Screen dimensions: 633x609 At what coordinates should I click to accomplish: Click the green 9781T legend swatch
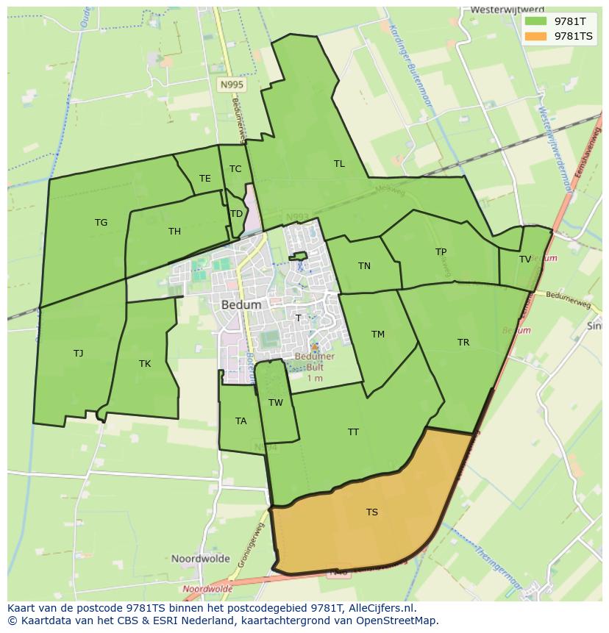[536, 21]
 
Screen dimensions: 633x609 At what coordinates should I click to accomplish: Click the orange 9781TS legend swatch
[536, 36]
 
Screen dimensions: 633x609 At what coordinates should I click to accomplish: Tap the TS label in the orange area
[372, 512]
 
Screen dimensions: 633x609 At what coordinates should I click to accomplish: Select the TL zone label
[339, 164]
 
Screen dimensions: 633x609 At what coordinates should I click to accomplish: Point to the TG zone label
[101, 223]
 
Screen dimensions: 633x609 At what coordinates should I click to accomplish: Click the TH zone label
[174, 232]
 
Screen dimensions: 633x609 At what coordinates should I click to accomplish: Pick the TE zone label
[205, 179]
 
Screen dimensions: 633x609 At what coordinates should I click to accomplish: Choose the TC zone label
[235, 169]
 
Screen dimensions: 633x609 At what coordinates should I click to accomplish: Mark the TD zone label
[236, 214]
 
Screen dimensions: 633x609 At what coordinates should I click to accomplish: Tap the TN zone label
[364, 266]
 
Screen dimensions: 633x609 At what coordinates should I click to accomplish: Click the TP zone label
[441, 252]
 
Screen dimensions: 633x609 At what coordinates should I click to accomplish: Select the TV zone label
[525, 260]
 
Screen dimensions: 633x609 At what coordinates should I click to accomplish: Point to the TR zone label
[463, 343]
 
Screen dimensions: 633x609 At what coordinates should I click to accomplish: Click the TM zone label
[378, 335]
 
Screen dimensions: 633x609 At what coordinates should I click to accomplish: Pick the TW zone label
[276, 403]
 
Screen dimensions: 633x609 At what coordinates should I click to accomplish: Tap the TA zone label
[241, 421]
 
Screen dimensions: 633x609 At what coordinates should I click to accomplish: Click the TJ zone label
[79, 354]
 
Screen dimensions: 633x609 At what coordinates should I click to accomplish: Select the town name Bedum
[241, 304]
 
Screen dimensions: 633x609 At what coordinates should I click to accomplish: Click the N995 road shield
[232, 85]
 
